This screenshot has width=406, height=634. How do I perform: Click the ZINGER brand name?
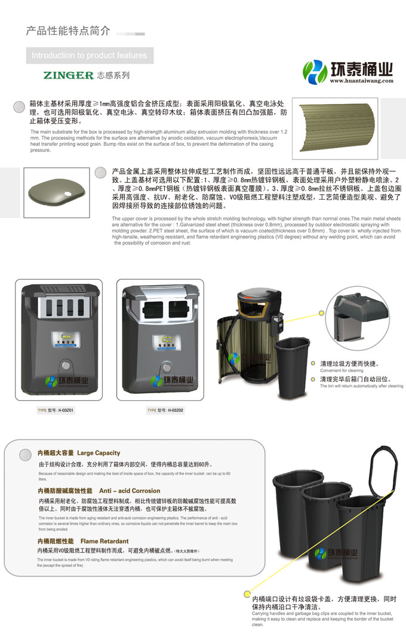(x=68, y=76)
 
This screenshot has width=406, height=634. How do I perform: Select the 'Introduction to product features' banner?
(x=89, y=56)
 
